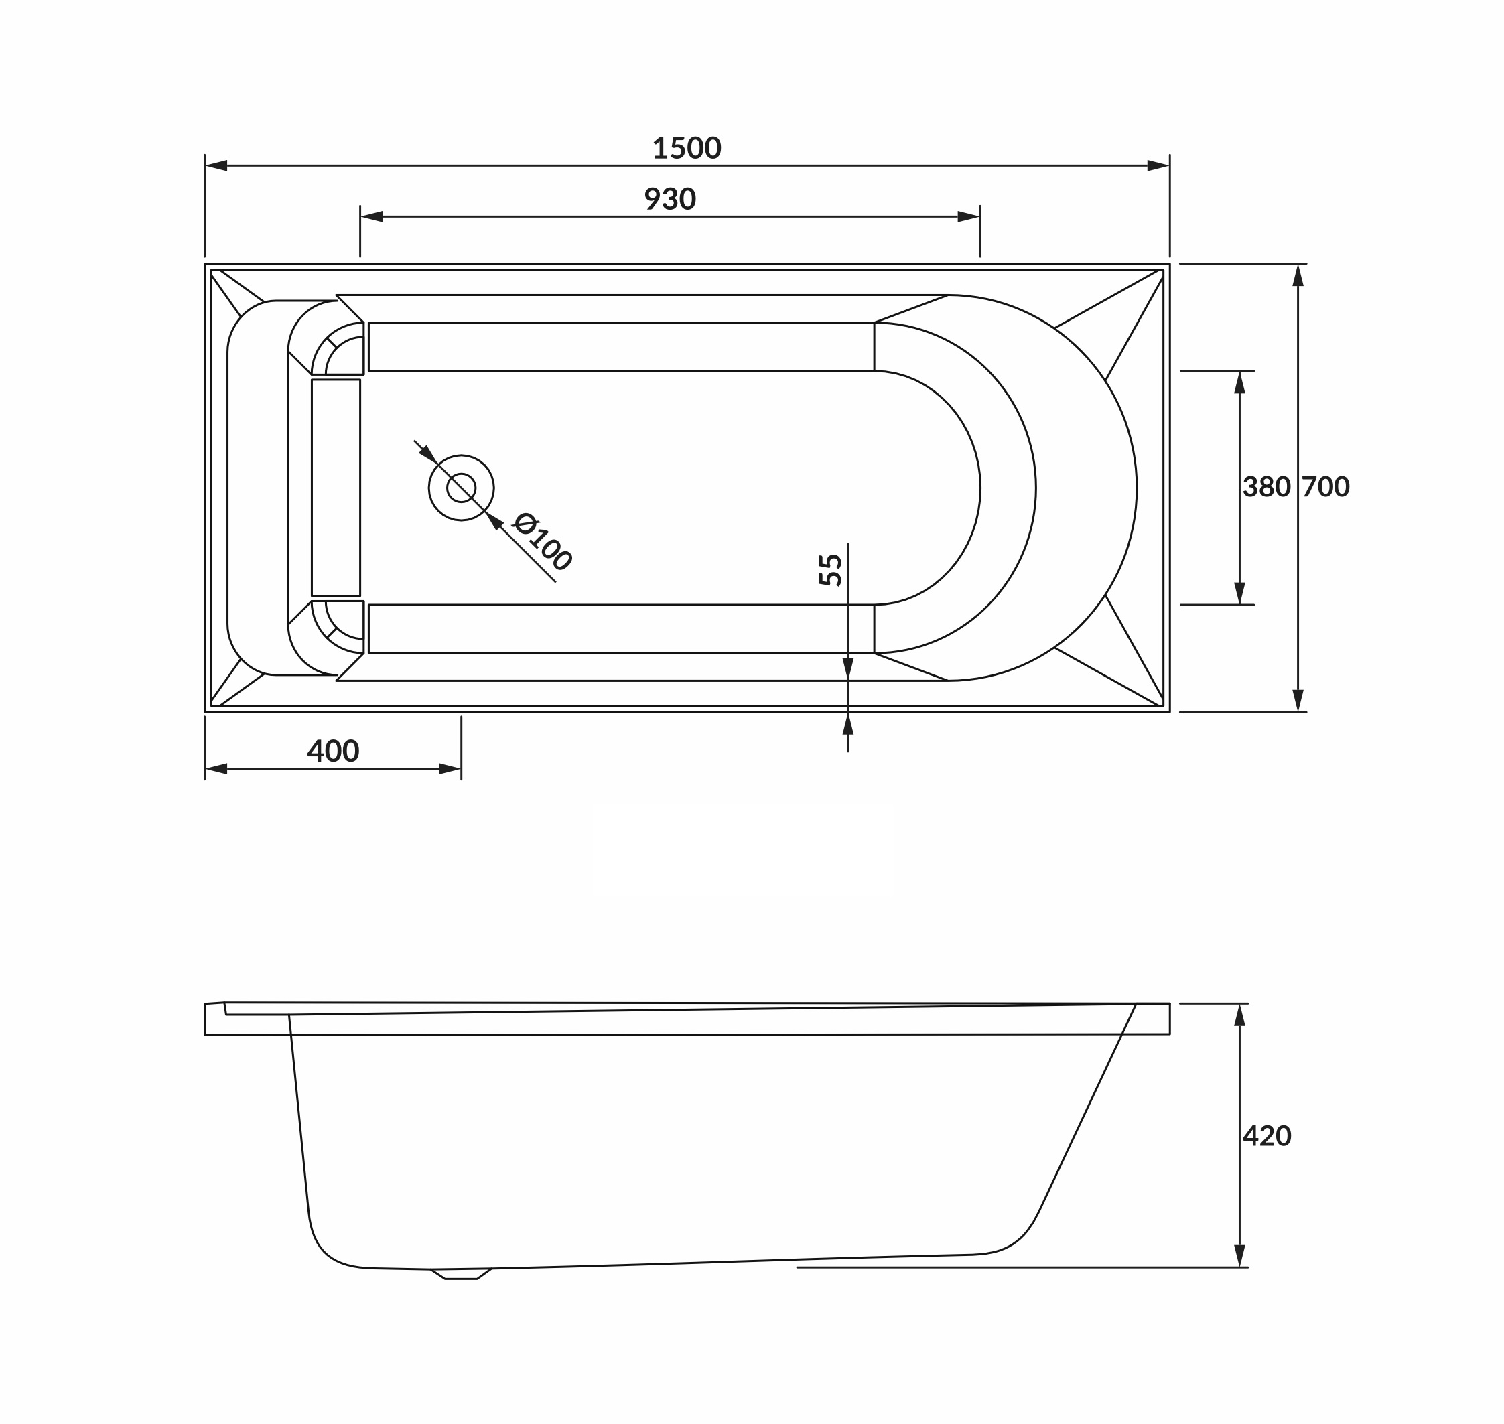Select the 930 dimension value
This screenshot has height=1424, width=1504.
[x=670, y=199]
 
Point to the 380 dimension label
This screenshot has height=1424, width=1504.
[x=1266, y=486]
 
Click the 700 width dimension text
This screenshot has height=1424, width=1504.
[x=1326, y=486]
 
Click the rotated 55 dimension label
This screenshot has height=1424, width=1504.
[x=831, y=569]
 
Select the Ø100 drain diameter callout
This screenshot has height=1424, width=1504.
[x=542, y=541]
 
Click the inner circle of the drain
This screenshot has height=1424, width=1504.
[x=461, y=488]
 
